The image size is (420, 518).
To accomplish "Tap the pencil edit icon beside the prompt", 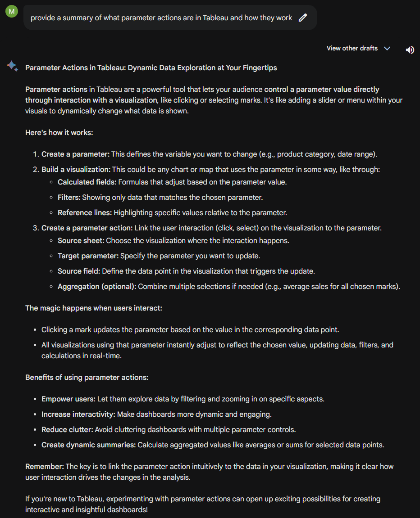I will coord(303,18).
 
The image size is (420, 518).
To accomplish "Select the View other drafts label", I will coord(352,48).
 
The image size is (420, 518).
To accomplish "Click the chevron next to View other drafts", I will coord(387,49).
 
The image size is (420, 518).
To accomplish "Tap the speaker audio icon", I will coord(410,50).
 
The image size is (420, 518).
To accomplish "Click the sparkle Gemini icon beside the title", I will coord(12,67).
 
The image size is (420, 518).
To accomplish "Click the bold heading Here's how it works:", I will coord(59,133).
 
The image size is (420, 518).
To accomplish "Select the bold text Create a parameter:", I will coord(75,154).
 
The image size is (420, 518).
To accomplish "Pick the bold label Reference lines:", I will coord(85,212).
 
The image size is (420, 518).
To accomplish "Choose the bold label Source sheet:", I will coord(81,240).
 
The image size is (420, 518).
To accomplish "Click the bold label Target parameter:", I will coord(88,256).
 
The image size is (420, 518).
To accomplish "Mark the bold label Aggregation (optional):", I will coord(97,286).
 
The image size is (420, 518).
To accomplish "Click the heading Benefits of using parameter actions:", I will coord(87,377).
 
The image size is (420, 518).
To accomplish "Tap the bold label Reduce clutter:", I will coord(67,429).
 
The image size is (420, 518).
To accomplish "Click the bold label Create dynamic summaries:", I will coord(88,445).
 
